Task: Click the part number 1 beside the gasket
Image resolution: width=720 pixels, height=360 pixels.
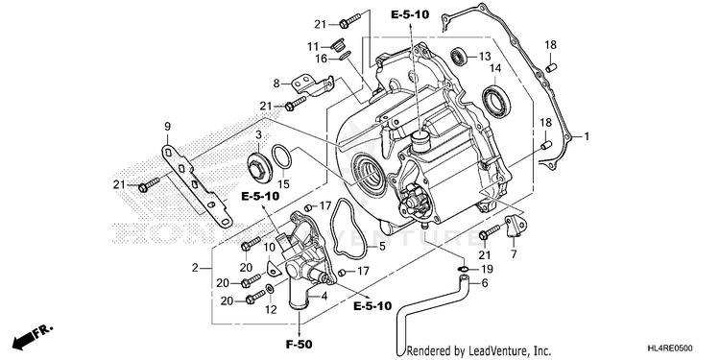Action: (x=587, y=136)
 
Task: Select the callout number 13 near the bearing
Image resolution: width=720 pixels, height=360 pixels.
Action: (x=485, y=57)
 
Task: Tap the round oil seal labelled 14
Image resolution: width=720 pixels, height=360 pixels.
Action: (x=497, y=103)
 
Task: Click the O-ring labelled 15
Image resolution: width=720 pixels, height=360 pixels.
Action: (x=282, y=156)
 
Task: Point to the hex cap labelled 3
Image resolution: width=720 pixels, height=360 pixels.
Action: (x=258, y=168)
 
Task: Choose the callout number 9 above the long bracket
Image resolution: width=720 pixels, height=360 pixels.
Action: (x=167, y=126)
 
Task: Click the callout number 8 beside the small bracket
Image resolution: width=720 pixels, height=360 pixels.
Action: (x=276, y=84)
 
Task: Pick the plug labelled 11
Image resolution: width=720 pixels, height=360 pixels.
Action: (x=338, y=44)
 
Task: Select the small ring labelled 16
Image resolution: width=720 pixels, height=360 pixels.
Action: (x=346, y=57)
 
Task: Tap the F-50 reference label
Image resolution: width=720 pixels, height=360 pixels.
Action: (x=300, y=343)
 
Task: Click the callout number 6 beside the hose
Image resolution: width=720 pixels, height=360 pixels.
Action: (x=485, y=283)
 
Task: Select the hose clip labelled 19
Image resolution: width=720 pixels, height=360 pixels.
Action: (x=464, y=269)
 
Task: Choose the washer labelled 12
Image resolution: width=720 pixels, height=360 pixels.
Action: (x=271, y=289)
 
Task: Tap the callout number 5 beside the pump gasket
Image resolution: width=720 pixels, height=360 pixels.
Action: (x=382, y=247)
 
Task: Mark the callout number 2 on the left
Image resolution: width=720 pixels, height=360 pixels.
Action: (x=195, y=268)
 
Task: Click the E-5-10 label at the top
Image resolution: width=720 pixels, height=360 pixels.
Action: (x=410, y=14)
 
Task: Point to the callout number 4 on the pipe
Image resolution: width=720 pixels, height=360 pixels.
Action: (x=324, y=297)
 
